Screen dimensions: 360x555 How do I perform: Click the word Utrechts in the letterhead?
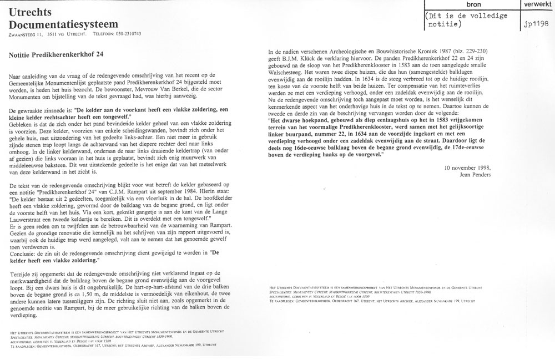click(x=31, y=11)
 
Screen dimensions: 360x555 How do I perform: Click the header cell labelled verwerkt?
click(x=538, y=4)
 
